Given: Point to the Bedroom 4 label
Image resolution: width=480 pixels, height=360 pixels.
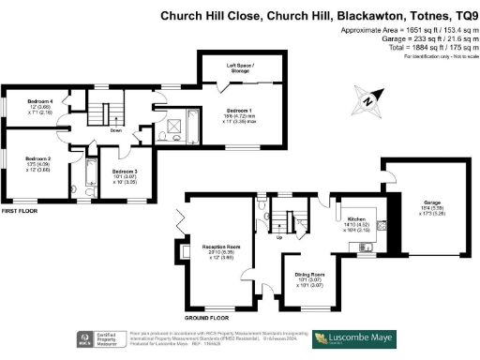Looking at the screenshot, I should coord(38,100).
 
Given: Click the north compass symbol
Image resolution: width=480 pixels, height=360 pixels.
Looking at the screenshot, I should coord(368,100).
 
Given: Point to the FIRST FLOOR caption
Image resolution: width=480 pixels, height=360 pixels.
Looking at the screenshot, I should coord(20,212).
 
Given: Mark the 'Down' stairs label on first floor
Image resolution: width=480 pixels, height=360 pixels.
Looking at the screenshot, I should coord(115,131).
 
